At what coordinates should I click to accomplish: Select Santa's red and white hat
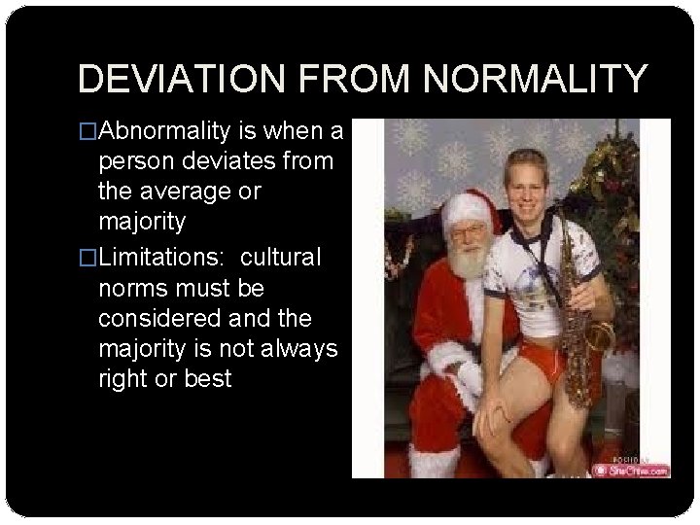pos(470,208)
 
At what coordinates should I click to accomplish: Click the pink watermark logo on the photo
pos(633,470)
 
